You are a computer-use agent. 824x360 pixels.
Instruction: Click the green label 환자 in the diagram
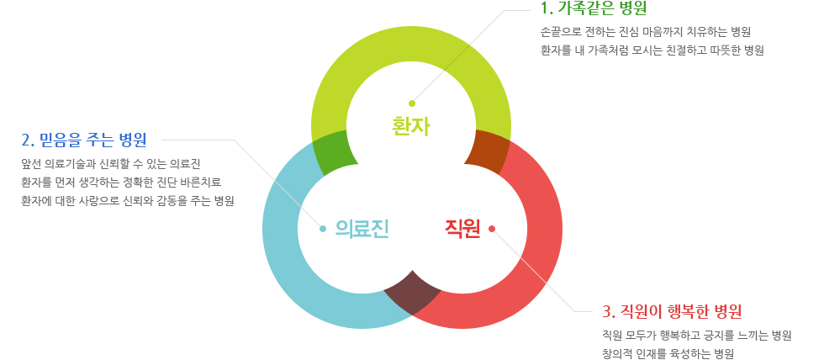coord(411,126)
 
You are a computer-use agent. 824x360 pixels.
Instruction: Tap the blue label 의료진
coord(362,229)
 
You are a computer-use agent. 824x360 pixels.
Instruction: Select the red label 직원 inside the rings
coord(462,229)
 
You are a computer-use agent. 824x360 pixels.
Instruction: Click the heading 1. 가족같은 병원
coord(594,8)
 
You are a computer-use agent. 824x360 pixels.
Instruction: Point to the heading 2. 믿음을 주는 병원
coord(84,140)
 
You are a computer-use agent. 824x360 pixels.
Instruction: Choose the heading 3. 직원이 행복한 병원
coord(672,311)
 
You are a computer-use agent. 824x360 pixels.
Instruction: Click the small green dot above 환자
coord(412,103)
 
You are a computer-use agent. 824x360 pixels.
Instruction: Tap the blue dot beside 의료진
coord(323,229)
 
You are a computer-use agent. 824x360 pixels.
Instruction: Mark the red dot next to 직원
coord(492,228)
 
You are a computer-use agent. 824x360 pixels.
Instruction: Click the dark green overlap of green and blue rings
coord(333,153)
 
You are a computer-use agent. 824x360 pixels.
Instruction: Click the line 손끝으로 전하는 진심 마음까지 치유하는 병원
coord(646,31)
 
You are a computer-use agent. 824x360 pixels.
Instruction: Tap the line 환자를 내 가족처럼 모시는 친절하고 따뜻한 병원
coord(652,50)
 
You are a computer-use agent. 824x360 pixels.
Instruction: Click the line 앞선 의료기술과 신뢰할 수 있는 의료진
coord(111,164)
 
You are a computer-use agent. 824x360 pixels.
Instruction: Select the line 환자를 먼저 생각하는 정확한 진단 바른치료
coord(121,183)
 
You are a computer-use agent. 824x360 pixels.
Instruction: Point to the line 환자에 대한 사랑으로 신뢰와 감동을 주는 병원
coord(127,201)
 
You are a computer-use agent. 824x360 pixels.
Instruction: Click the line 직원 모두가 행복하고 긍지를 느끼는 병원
coord(697,336)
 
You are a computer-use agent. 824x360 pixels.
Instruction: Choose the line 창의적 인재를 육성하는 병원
coord(668,354)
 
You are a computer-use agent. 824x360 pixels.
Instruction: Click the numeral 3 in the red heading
coord(606,312)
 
